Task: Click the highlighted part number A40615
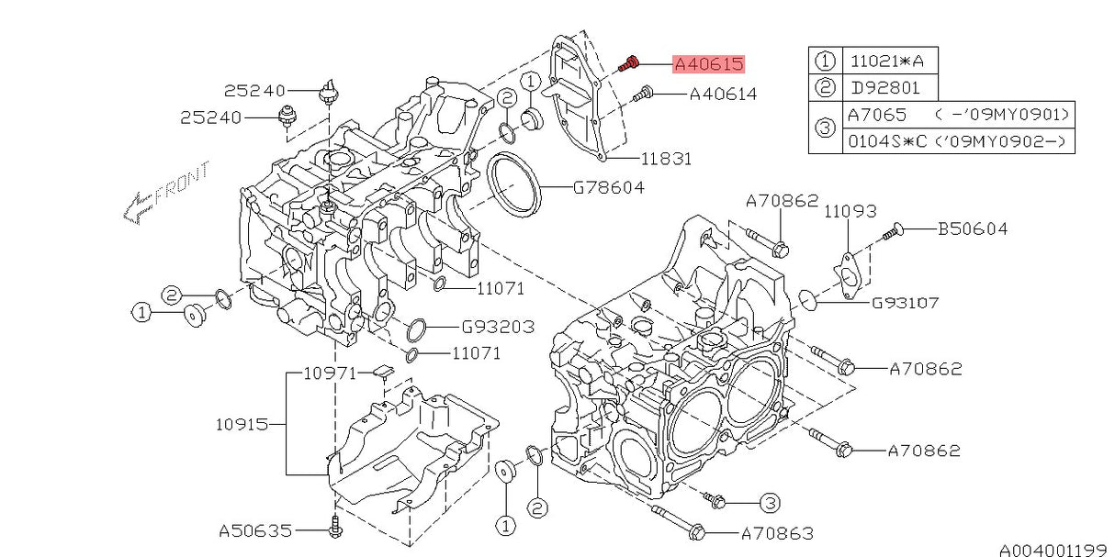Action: tap(708, 64)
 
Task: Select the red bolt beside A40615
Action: tap(628, 63)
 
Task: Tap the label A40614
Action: tap(723, 94)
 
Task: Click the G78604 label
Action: tap(609, 187)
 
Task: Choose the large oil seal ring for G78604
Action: tap(512, 187)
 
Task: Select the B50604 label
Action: tap(972, 228)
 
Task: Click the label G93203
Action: tap(498, 327)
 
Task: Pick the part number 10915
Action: tap(242, 424)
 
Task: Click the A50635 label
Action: tap(255, 530)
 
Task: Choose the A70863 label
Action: tap(776, 532)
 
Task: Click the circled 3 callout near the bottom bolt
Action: tap(770, 502)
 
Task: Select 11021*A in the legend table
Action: tap(888, 62)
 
